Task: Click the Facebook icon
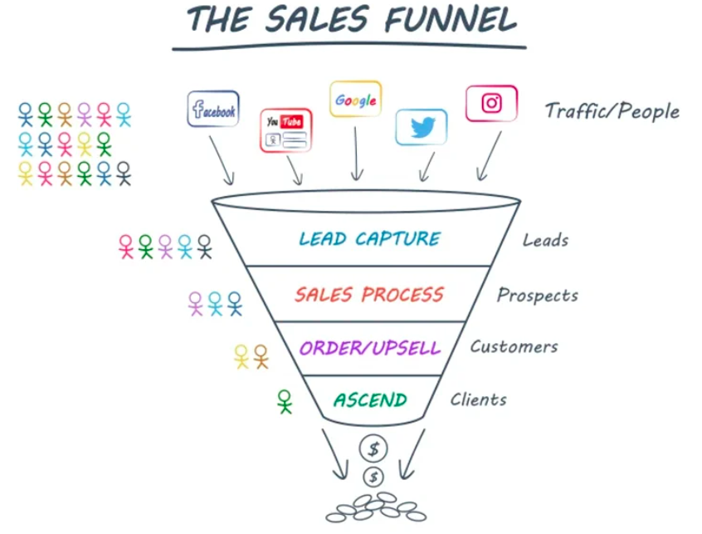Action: (213, 109)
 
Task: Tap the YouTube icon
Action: (285, 130)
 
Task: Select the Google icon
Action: (355, 100)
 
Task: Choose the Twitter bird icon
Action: (422, 127)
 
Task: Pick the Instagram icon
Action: (491, 104)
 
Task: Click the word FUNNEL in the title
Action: (451, 20)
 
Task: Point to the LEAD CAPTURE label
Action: (370, 239)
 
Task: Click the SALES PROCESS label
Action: (369, 294)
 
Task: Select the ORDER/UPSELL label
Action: (370, 348)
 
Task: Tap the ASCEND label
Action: (370, 399)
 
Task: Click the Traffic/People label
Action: (612, 111)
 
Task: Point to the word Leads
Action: (545, 241)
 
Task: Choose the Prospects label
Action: (537, 296)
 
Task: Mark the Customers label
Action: (514, 347)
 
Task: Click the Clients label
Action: (479, 399)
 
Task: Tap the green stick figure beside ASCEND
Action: (285, 401)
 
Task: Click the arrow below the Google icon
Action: (356, 153)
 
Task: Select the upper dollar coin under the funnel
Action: (373, 448)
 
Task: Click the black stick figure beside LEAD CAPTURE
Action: (205, 247)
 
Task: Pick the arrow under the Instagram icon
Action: (489, 156)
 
